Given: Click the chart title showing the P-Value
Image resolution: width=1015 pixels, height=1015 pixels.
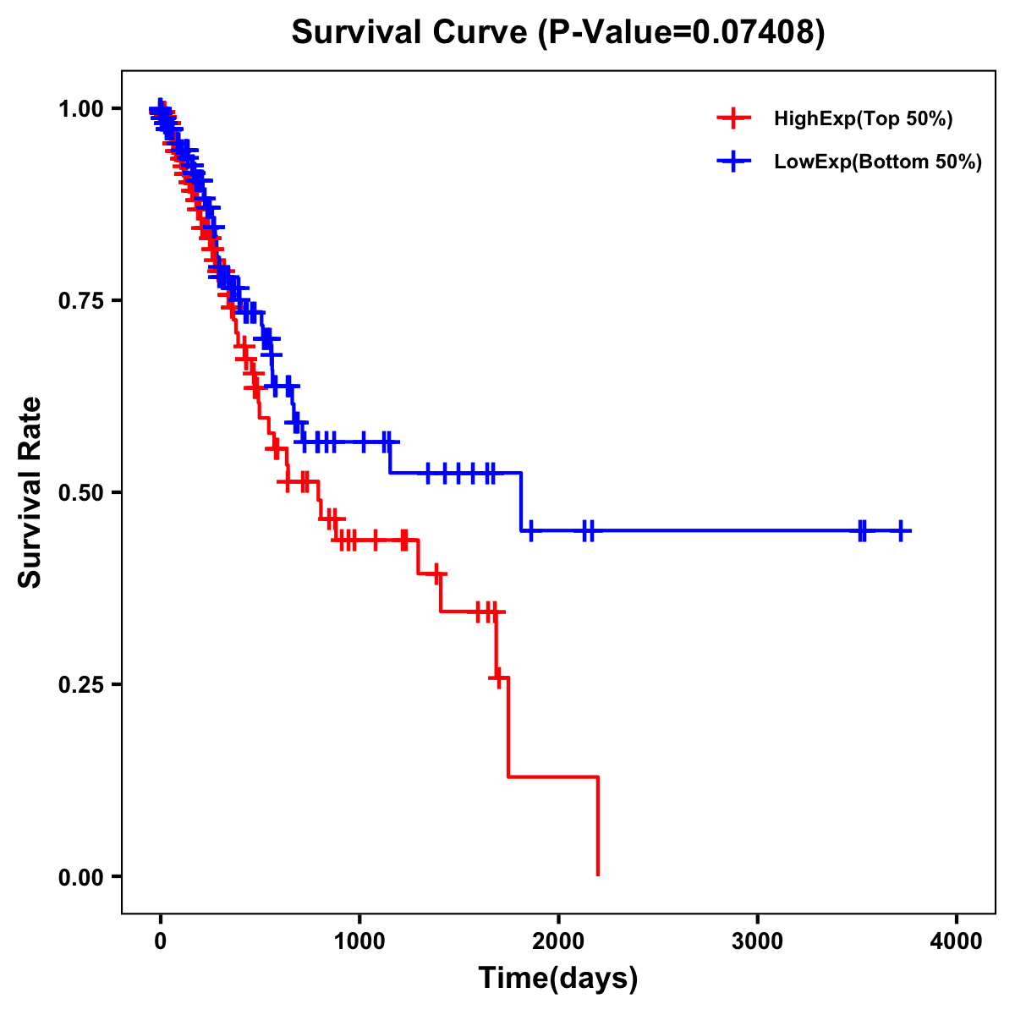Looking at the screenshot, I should coord(558,32).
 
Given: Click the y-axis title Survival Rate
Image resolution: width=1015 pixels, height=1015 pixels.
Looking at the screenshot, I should coord(30,491).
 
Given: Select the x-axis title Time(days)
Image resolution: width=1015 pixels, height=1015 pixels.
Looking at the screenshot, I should coord(558,978).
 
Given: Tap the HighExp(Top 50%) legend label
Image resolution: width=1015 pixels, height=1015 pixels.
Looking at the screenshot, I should coord(864,119).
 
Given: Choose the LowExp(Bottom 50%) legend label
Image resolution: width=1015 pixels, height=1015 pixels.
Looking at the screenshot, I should coord(878,162).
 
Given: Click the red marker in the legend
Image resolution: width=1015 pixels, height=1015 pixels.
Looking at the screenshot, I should coord(733,119).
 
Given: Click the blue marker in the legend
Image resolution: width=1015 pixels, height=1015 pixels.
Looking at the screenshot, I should coord(733,162).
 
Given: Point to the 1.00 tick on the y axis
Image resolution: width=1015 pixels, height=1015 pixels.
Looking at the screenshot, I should coord(81,108).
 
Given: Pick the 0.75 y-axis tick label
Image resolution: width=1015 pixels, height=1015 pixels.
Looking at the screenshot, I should coord(81,300).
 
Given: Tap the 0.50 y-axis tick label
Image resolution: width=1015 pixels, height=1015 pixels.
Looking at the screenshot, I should coord(81,492).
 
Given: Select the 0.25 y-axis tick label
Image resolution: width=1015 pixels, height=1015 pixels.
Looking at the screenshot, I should coord(81,684).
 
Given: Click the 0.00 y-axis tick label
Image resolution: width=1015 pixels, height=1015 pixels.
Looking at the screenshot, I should coord(81,876).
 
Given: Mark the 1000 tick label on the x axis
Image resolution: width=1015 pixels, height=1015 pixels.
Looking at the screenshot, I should coord(359,941).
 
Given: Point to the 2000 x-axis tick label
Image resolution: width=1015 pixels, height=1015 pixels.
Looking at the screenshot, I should coord(558,941).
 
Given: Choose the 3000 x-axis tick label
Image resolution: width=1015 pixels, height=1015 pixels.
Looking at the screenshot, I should coord(757,941).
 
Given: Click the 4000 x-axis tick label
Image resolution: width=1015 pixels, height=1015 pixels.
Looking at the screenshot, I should coord(957,941).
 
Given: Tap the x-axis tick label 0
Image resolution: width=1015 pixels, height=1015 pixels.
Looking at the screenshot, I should coord(160,941).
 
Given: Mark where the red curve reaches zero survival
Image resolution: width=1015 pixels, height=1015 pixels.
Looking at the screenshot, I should coord(598,875).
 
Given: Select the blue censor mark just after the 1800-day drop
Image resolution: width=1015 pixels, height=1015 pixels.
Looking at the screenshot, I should coord(530,530).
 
